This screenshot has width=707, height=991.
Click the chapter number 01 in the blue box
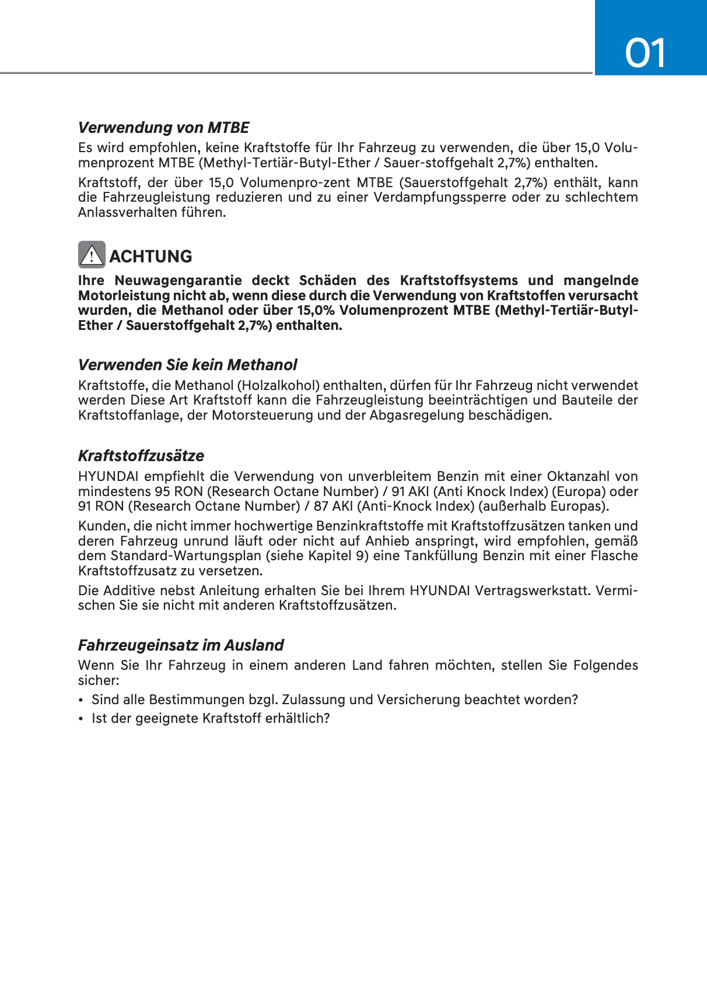(x=645, y=54)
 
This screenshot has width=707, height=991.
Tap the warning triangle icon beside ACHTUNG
(x=92, y=255)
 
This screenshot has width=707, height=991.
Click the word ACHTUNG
(x=150, y=256)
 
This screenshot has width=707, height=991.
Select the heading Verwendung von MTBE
(x=163, y=128)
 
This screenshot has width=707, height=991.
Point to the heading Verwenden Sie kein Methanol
(x=187, y=365)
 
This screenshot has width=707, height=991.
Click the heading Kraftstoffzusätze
(x=141, y=456)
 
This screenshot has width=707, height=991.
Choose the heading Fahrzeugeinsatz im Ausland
(x=181, y=645)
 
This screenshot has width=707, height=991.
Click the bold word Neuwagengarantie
(x=178, y=281)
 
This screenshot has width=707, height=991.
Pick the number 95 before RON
(x=163, y=492)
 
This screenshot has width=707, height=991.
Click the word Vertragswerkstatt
(x=532, y=591)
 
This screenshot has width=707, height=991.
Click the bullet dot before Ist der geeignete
(x=82, y=719)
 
